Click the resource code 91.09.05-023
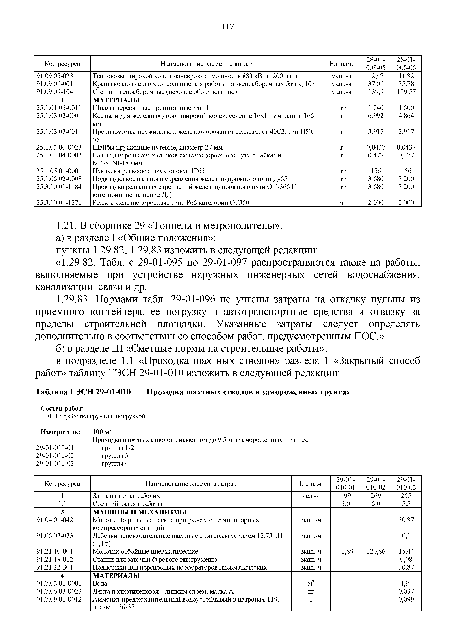point(55,76)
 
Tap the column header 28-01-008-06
point(406,64)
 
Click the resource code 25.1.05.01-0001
point(59,171)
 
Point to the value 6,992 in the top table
point(376,116)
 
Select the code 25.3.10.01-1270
point(59,202)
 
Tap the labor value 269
point(376,496)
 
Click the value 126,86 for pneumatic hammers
point(376,551)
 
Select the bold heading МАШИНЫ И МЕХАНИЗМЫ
point(139,512)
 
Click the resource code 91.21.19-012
point(55,559)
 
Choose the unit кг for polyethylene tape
point(311,592)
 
